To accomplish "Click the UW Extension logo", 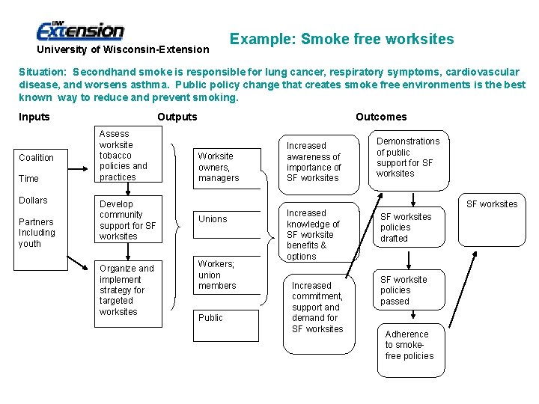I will pyautogui.click(x=80, y=31).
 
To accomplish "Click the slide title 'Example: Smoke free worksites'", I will pyautogui.click(x=341, y=39).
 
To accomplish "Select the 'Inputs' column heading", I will pyautogui.click(x=34, y=117).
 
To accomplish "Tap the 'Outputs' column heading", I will pyautogui.click(x=177, y=117).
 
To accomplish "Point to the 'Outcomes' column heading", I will pyautogui.click(x=381, y=117).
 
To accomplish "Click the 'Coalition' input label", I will pyautogui.click(x=37, y=158).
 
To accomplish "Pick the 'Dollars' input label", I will pyautogui.click(x=33, y=201).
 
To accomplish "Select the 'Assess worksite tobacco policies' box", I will pyautogui.click(x=128, y=156).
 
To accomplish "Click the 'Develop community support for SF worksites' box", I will pyautogui.click(x=128, y=220).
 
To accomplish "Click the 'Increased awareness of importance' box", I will pyautogui.click(x=314, y=162).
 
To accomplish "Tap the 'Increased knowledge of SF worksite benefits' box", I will pyautogui.click(x=314, y=234).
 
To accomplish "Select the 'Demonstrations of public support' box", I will pyautogui.click(x=408, y=157).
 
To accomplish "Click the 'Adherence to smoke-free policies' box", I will pyautogui.click(x=409, y=345).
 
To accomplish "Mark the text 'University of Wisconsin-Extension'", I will pyautogui.click(x=124, y=50).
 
